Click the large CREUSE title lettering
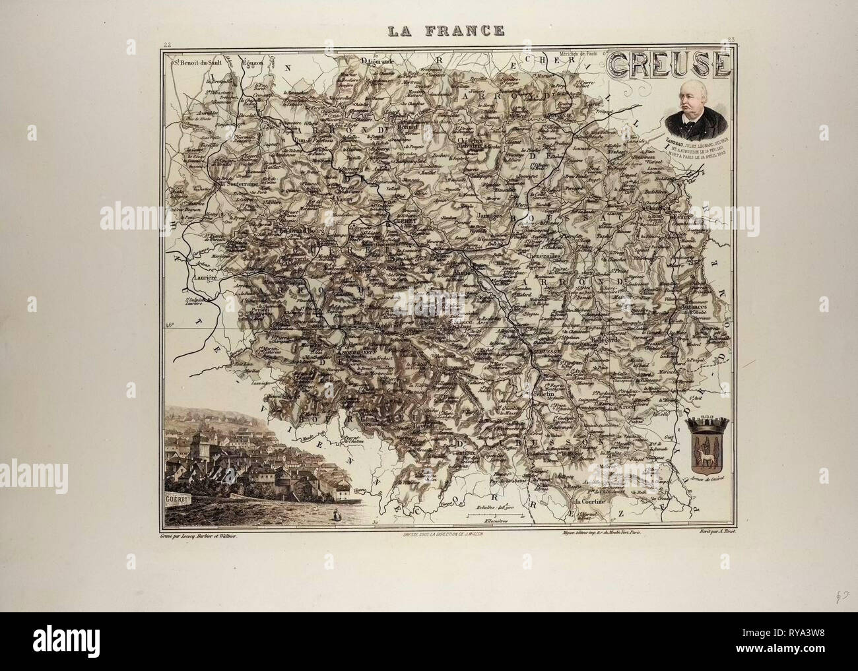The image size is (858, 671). pos(668,65)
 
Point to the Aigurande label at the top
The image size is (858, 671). pos(377,61)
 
